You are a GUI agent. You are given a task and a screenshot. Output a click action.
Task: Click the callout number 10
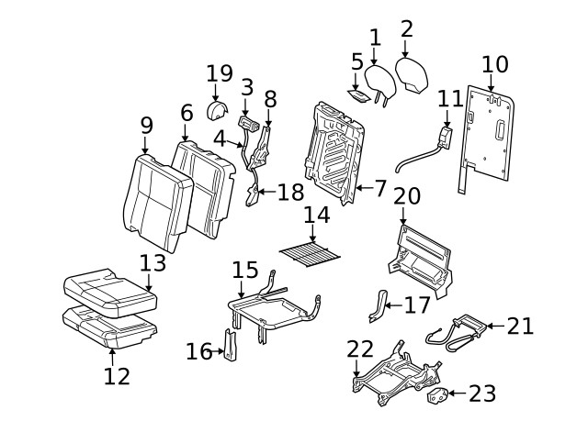(x=494, y=64)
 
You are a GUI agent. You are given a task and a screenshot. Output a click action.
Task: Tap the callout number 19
(x=220, y=73)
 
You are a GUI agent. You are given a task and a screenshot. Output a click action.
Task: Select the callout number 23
(x=482, y=393)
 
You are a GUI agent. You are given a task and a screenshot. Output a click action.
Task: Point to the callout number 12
(x=117, y=375)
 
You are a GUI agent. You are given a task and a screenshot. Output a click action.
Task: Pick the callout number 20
(x=406, y=195)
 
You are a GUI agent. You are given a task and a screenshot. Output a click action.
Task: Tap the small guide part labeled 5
(x=358, y=94)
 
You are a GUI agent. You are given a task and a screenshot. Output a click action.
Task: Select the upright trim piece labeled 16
(x=231, y=346)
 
